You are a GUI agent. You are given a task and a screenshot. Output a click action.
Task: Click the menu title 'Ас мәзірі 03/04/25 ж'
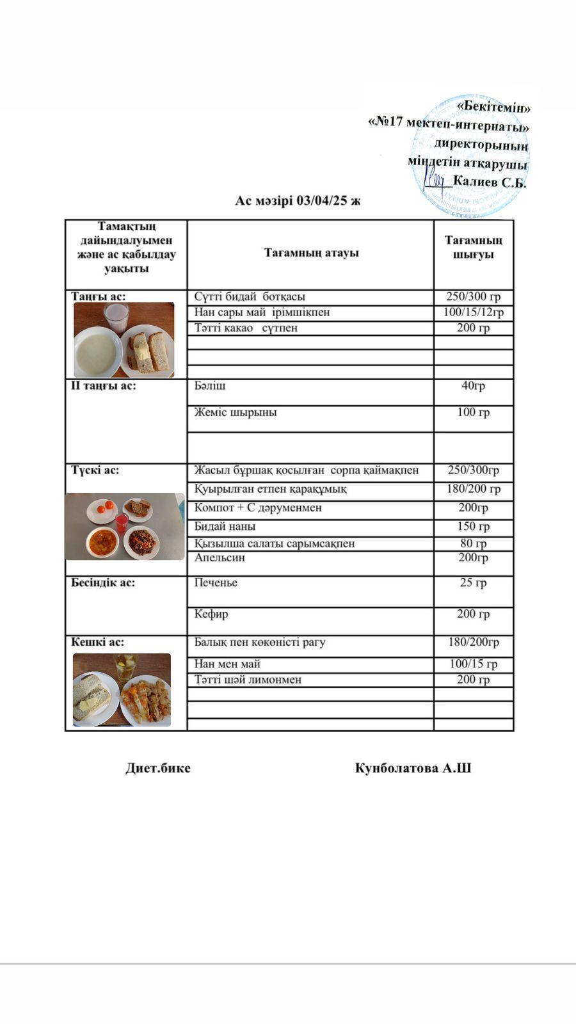[298, 201]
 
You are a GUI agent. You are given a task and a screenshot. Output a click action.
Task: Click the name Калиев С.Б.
[489, 183]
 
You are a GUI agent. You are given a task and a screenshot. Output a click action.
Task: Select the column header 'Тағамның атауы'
[311, 253]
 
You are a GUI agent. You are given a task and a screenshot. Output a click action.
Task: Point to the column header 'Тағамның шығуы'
[474, 247]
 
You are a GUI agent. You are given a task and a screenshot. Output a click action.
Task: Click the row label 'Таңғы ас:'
[99, 296]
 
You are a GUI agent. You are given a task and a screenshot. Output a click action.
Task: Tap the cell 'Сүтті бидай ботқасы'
[250, 296]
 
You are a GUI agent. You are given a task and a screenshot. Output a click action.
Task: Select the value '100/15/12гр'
[474, 312]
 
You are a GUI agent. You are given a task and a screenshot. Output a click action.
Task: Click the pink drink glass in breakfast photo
[116, 317]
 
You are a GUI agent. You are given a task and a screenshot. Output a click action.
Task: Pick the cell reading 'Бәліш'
[210, 386]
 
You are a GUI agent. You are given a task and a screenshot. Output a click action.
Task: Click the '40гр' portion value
[474, 386]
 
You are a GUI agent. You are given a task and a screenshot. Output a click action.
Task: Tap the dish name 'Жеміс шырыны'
[236, 412]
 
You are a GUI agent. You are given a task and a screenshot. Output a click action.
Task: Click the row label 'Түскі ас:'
[95, 470]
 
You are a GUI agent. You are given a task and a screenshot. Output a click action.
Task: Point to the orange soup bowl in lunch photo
[102, 542]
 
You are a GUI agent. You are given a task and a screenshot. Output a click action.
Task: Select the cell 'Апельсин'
[220, 557]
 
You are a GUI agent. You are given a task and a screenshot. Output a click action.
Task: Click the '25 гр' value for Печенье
[474, 582]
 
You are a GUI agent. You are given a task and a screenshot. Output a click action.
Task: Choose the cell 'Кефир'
[211, 614]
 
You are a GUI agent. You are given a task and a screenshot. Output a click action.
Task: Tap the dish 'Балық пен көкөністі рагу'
[260, 642]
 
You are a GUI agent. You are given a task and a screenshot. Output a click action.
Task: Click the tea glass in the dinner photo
[125, 667]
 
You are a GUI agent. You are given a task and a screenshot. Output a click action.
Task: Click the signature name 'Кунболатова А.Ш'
[413, 768]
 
